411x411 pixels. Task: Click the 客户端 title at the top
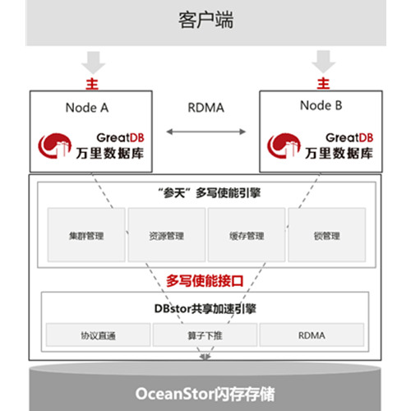tap(205, 20)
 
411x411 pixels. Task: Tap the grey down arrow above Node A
tap(93, 62)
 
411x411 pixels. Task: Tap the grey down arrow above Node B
tap(324, 62)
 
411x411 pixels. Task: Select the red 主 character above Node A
tap(92, 84)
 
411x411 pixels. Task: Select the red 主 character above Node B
tap(323, 83)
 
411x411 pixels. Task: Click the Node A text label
tap(87, 108)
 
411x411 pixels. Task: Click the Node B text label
tap(321, 105)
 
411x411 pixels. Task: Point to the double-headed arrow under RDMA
tap(206, 132)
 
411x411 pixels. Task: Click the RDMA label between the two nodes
tap(206, 108)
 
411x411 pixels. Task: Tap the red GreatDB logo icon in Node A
tap(54, 145)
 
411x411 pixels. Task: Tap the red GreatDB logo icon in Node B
tap(284, 145)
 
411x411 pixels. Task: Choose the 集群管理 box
tap(86, 235)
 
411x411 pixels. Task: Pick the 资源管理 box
tap(167, 235)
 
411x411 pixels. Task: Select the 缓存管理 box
tap(247, 235)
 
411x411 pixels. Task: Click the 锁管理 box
tap(327, 235)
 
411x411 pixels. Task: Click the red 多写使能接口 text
tap(205, 281)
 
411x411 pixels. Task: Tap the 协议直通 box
tap(98, 335)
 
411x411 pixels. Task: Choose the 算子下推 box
tap(205, 335)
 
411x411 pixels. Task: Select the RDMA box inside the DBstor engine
tap(312, 335)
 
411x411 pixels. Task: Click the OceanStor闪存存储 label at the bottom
tap(205, 394)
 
